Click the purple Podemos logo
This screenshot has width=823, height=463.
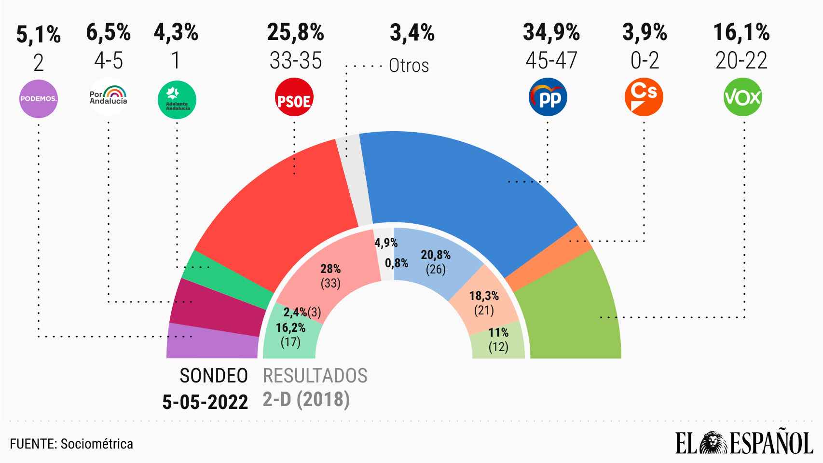[38, 99]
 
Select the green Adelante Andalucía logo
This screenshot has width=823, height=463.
[177, 99]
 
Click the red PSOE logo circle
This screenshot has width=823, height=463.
[294, 99]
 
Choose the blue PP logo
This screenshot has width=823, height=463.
[548, 98]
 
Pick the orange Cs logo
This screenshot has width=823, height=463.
[644, 98]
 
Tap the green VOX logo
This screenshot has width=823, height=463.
[742, 98]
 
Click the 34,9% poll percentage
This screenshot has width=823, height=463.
[551, 33]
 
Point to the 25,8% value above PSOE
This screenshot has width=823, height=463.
[295, 33]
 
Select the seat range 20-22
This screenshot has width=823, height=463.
[741, 61]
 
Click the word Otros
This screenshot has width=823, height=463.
[409, 66]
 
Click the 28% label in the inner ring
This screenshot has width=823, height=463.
[330, 269]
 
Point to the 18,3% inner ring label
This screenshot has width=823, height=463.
[484, 296]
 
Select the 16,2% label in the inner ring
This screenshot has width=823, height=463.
[290, 328]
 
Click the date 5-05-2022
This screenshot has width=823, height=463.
[205, 402]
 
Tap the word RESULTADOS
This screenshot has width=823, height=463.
[315, 376]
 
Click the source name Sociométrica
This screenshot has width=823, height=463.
[97, 444]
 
